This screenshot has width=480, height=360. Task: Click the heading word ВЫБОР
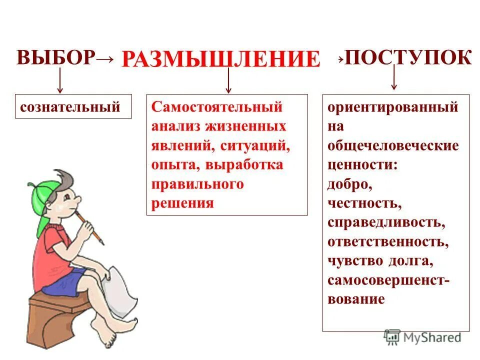(x=55, y=58)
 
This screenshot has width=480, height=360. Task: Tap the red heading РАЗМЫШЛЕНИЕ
(x=220, y=59)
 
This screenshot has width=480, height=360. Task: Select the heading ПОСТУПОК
(x=408, y=57)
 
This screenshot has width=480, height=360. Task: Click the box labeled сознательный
(x=73, y=106)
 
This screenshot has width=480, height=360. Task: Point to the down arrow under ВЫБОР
(x=60, y=80)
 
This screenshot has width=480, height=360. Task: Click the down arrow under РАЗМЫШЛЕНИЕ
(x=228, y=80)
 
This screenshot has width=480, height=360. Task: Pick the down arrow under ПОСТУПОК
(x=394, y=77)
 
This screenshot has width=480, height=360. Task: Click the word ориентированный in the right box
(x=393, y=107)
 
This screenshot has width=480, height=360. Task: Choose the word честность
(x=364, y=203)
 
